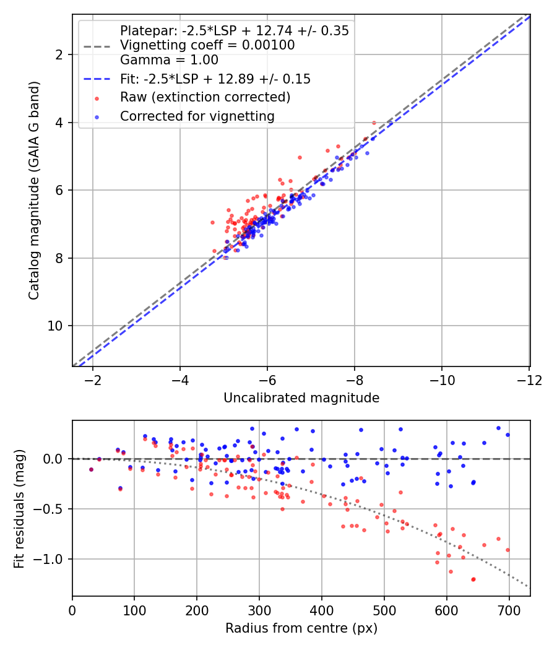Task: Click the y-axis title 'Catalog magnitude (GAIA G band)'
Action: pyautogui.click(x=34, y=191)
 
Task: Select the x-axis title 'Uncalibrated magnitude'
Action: pyautogui.click(x=301, y=398)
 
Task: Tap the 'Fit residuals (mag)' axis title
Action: pyautogui.click(x=19, y=509)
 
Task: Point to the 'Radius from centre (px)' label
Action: pyautogui.click(x=301, y=628)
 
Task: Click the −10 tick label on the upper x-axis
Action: pyautogui.click(x=442, y=380)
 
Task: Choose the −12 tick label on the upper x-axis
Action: pyautogui.click(x=529, y=380)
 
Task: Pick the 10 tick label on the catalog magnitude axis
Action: pyautogui.click(x=54, y=326)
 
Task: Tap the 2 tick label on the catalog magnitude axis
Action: pyautogui.click(x=59, y=54)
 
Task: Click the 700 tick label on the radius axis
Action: pyautogui.click(x=509, y=610)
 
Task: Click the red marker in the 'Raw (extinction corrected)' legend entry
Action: pyautogui.click(x=97, y=98)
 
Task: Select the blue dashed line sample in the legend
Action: pyautogui.click(x=97, y=79)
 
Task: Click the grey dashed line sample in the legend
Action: pyautogui.click(x=97, y=46)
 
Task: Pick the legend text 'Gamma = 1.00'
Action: pyautogui.click(x=169, y=60)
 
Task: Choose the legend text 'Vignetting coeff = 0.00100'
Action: pyautogui.click(x=207, y=45)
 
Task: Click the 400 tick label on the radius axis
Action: pyautogui.click(x=322, y=610)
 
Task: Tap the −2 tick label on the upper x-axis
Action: pyautogui.click(x=93, y=380)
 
